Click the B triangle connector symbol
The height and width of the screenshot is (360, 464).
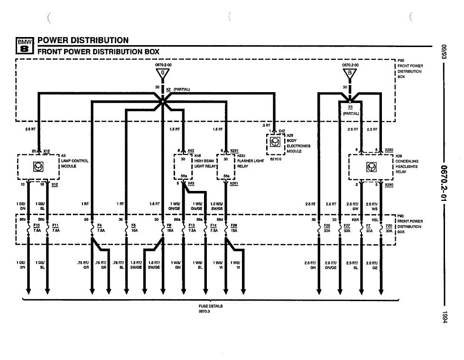coord(350,73)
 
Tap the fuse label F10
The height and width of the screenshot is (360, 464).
coord(37,225)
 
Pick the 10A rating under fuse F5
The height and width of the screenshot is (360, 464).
coord(134,230)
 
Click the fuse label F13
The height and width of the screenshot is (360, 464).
coord(191,225)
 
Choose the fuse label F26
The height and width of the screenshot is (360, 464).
coord(234,225)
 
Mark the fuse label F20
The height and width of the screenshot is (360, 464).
coord(389,225)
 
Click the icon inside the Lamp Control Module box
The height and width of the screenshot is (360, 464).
coord(37,166)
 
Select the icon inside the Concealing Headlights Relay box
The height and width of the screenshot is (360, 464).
coord(371,166)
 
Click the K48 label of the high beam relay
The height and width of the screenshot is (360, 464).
coord(197,156)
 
